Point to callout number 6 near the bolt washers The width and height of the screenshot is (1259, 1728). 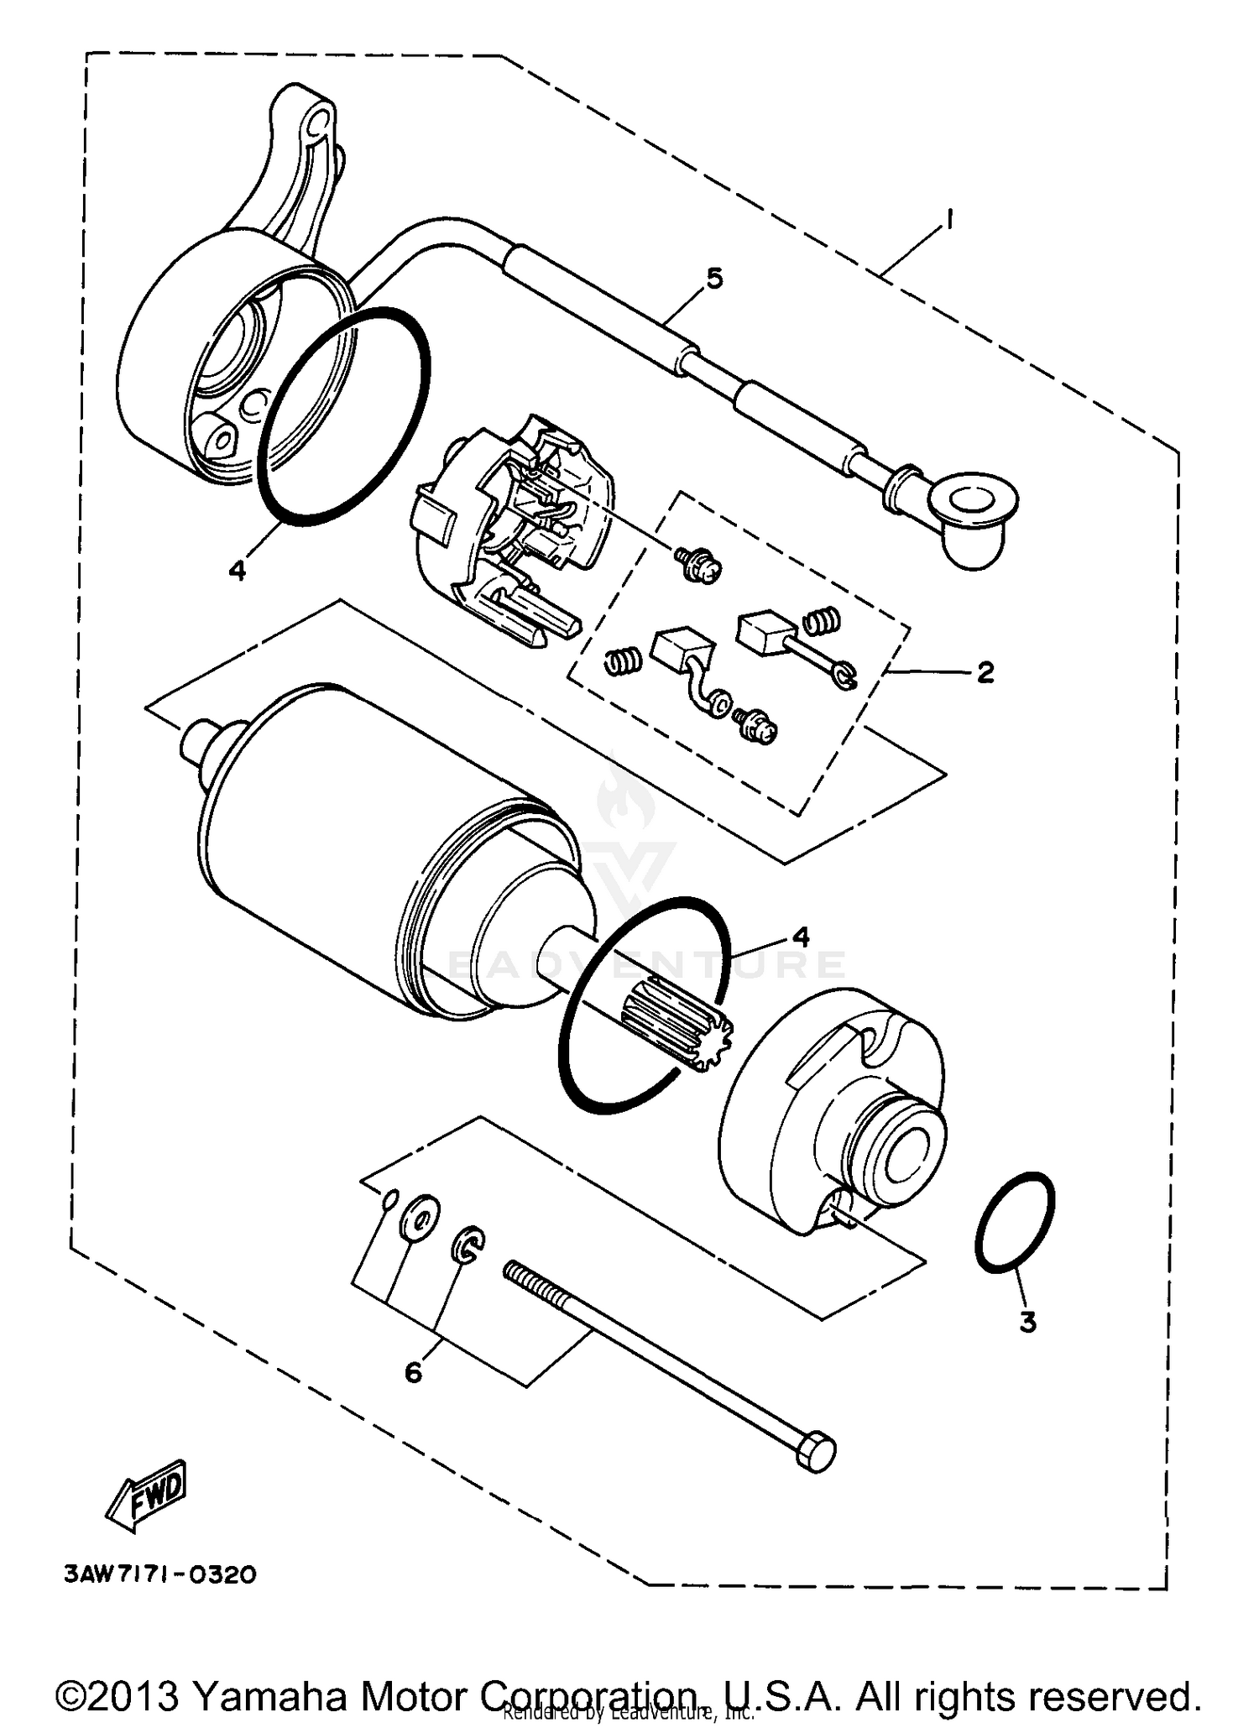tap(413, 1373)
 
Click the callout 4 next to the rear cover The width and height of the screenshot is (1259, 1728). tap(237, 571)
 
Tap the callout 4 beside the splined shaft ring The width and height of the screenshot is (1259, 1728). tap(801, 937)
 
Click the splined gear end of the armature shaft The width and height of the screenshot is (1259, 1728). tap(680, 1027)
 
